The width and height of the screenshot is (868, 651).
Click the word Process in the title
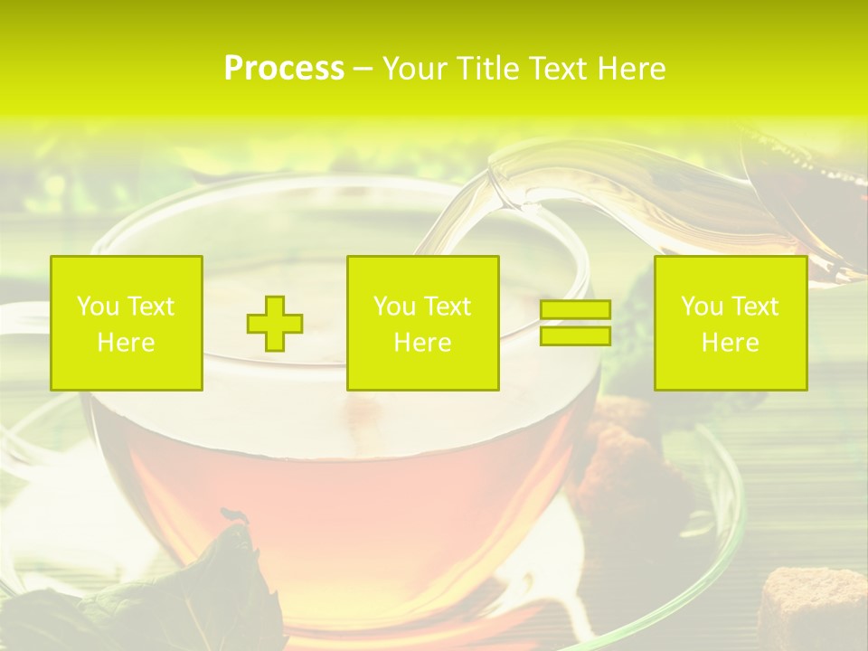pyautogui.click(x=284, y=69)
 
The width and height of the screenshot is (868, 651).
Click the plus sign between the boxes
pyautogui.click(x=275, y=324)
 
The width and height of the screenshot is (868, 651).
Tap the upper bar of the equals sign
pyautogui.click(x=575, y=310)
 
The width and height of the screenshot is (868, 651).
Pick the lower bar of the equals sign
pyautogui.click(x=575, y=336)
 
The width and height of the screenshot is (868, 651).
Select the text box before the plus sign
pyautogui.click(x=127, y=323)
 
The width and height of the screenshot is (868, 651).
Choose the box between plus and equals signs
pyautogui.click(x=422, y=323)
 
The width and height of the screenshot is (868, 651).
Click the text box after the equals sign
pyautogui.click(x=730, y=323)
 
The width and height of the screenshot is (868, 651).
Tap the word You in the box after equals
pyautogui.click(x=702, y=307)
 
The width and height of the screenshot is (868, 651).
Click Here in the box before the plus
pyautogui.click(x=126, y=343)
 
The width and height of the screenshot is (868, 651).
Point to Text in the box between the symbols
pyautogui.click(x=448, y=307)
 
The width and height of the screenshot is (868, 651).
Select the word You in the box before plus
pyautogui.click(x=98, y=307)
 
